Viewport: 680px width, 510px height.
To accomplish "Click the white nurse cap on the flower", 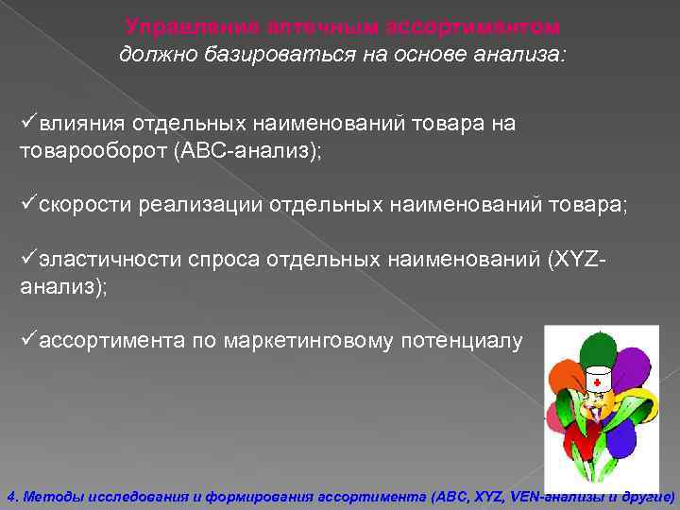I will pos(597,381).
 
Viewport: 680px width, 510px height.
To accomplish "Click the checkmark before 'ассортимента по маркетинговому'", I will pos(27,340).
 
